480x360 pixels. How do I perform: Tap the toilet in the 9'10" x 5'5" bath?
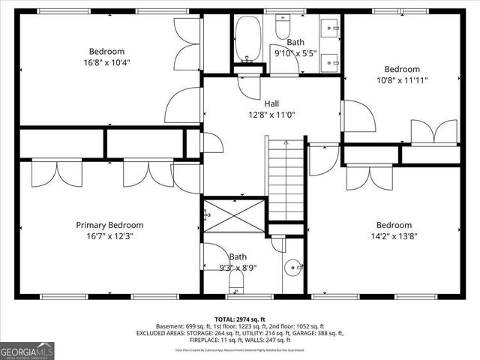(x=283, y=28)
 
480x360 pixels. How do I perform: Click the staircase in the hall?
(x=285, y=180)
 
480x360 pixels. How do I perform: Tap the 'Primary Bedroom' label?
(x=109, y=225)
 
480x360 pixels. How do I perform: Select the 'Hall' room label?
(x=271, y=103)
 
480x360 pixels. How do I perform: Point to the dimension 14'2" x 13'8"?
(x=394, y=235)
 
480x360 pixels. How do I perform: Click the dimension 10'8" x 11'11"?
(x=401, y=79)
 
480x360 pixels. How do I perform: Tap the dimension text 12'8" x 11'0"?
(x=271, y=114)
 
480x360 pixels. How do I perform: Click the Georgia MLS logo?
(x=26, y=349)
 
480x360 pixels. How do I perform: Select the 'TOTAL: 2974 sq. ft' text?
(x=239, y=319)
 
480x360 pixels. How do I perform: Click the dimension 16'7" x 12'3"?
(x=109, y=235)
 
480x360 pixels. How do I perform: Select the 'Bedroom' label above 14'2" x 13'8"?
(x=394, y=225)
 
